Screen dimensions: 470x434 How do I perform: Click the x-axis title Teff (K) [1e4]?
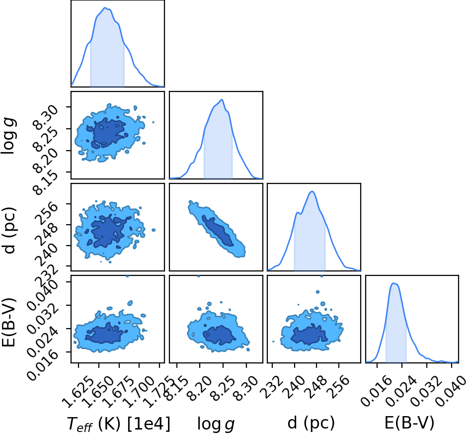(119, 424)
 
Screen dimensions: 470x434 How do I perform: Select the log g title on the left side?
(8, 137)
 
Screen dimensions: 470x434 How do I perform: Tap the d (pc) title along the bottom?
(311, 423)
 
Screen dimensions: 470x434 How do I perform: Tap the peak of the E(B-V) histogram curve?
(394, 283)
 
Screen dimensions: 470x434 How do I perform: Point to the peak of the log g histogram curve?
(222, 99)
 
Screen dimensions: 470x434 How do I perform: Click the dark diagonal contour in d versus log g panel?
(218, 231)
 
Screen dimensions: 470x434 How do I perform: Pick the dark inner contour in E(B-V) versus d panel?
(310, 334)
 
